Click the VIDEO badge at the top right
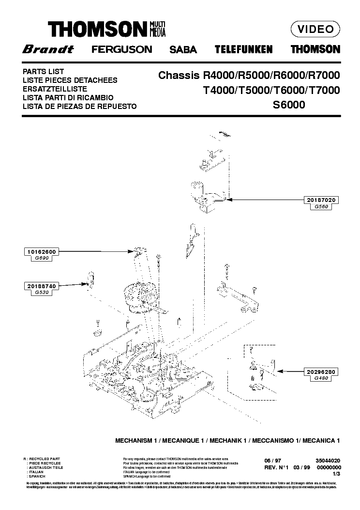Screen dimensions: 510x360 coord(315,29)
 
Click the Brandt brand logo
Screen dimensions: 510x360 coord(47,49)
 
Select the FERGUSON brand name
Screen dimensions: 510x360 coord(121,49)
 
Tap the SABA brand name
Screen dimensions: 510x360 coord(183,49)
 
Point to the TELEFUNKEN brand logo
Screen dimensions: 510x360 coord(243,49)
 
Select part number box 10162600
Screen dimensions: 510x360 coord(41,252)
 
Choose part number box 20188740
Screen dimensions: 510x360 coord(41,287)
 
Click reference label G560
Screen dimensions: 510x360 coord(321,207)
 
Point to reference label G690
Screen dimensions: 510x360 coord(41,259)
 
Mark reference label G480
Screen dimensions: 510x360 coord(321,379)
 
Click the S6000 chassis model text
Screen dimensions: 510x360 coord(289,104)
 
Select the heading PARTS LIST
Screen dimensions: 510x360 coord(44,72)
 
